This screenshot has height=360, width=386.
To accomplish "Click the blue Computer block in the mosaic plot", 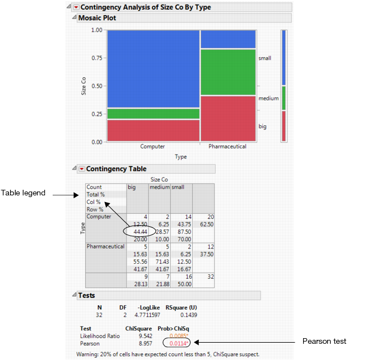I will pos(152,68).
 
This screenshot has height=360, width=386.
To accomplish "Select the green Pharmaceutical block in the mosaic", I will pos(228,72).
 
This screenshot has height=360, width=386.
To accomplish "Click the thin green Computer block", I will pos(152,114).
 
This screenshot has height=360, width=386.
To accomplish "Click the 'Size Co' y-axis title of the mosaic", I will pos(83,86).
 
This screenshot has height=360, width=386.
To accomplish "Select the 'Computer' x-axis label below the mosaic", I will pos(152,147).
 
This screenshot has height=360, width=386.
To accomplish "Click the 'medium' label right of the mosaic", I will pos(268,99).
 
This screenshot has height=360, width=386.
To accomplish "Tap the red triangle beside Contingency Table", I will pos(81,169).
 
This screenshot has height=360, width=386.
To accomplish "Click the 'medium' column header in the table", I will pos(159,187).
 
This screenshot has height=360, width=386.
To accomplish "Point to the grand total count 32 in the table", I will pos(202,275).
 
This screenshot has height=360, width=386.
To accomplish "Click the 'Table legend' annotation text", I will pos(26,193).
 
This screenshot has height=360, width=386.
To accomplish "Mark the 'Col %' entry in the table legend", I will pos(94,202).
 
